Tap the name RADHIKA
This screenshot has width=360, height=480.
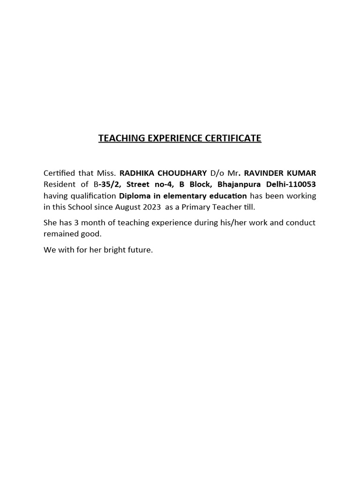137,173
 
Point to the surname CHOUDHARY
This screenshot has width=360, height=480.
183,173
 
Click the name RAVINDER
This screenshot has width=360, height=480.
266,173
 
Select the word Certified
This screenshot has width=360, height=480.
59,173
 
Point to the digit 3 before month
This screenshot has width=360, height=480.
76,223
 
